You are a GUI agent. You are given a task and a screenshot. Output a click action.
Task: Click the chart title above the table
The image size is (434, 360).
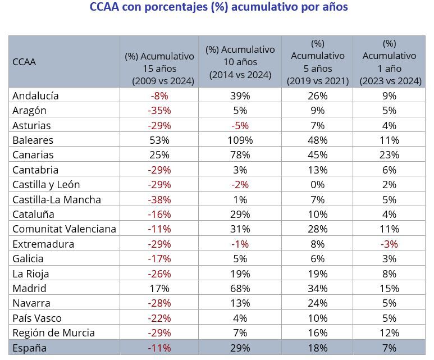(x=219, y=7)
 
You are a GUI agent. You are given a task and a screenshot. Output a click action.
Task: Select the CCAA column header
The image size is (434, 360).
(x=24, y=62)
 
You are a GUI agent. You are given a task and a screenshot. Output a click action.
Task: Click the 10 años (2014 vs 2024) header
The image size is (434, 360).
(x=240, y=62)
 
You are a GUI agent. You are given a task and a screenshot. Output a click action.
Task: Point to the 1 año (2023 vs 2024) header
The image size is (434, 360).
(x=390, y=62)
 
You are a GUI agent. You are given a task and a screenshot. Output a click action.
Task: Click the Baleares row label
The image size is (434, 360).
(x=33, y=140)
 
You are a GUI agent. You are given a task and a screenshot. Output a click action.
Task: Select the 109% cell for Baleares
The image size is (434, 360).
(x=240, y=140)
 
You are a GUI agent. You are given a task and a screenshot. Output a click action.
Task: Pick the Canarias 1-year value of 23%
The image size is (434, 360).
(x=390, y=155)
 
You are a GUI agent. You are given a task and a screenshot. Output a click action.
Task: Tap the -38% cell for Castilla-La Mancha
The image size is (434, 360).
(x=159, y=199)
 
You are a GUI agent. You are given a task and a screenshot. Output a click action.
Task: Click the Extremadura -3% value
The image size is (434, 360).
(x=390, y=244)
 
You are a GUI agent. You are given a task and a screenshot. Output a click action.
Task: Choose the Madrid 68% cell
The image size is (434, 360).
(x=240, y=288)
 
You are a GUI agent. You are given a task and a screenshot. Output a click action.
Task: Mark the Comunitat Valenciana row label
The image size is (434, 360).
(x=64, y=229)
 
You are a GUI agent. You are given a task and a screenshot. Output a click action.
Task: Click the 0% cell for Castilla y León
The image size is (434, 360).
(x=318, y=185)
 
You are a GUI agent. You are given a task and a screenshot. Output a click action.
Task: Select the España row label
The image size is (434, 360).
(x=29, y=348)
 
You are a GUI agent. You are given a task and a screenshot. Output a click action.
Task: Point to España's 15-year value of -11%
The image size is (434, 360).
(x=159, y=348)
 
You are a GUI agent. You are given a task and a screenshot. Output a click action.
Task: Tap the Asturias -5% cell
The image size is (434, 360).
(x=240, y=125)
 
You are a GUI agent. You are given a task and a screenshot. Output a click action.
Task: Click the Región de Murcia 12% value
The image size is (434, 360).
(x=390, y=333)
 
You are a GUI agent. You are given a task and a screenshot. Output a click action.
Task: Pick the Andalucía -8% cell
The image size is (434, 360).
(x=159, y=95)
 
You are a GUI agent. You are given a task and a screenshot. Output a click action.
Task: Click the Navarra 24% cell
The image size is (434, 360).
(x=318, y=303)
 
